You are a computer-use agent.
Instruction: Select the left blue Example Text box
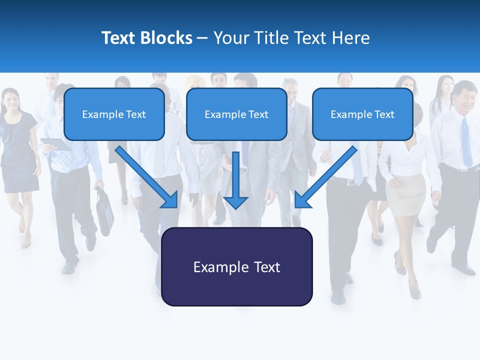(x=114, y=114)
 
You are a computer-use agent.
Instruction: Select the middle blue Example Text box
(x=236, y=114)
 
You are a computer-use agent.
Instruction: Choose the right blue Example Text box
(x=362, y=114)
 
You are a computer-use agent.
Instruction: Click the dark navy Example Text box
(x=236, y=267)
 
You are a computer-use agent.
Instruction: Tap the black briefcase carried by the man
(x=104, y=212)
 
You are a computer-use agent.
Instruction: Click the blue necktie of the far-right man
(x=466, y=142)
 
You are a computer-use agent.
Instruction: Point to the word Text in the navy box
(x=267, y=267)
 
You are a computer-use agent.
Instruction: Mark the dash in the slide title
(x=202, y=38)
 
